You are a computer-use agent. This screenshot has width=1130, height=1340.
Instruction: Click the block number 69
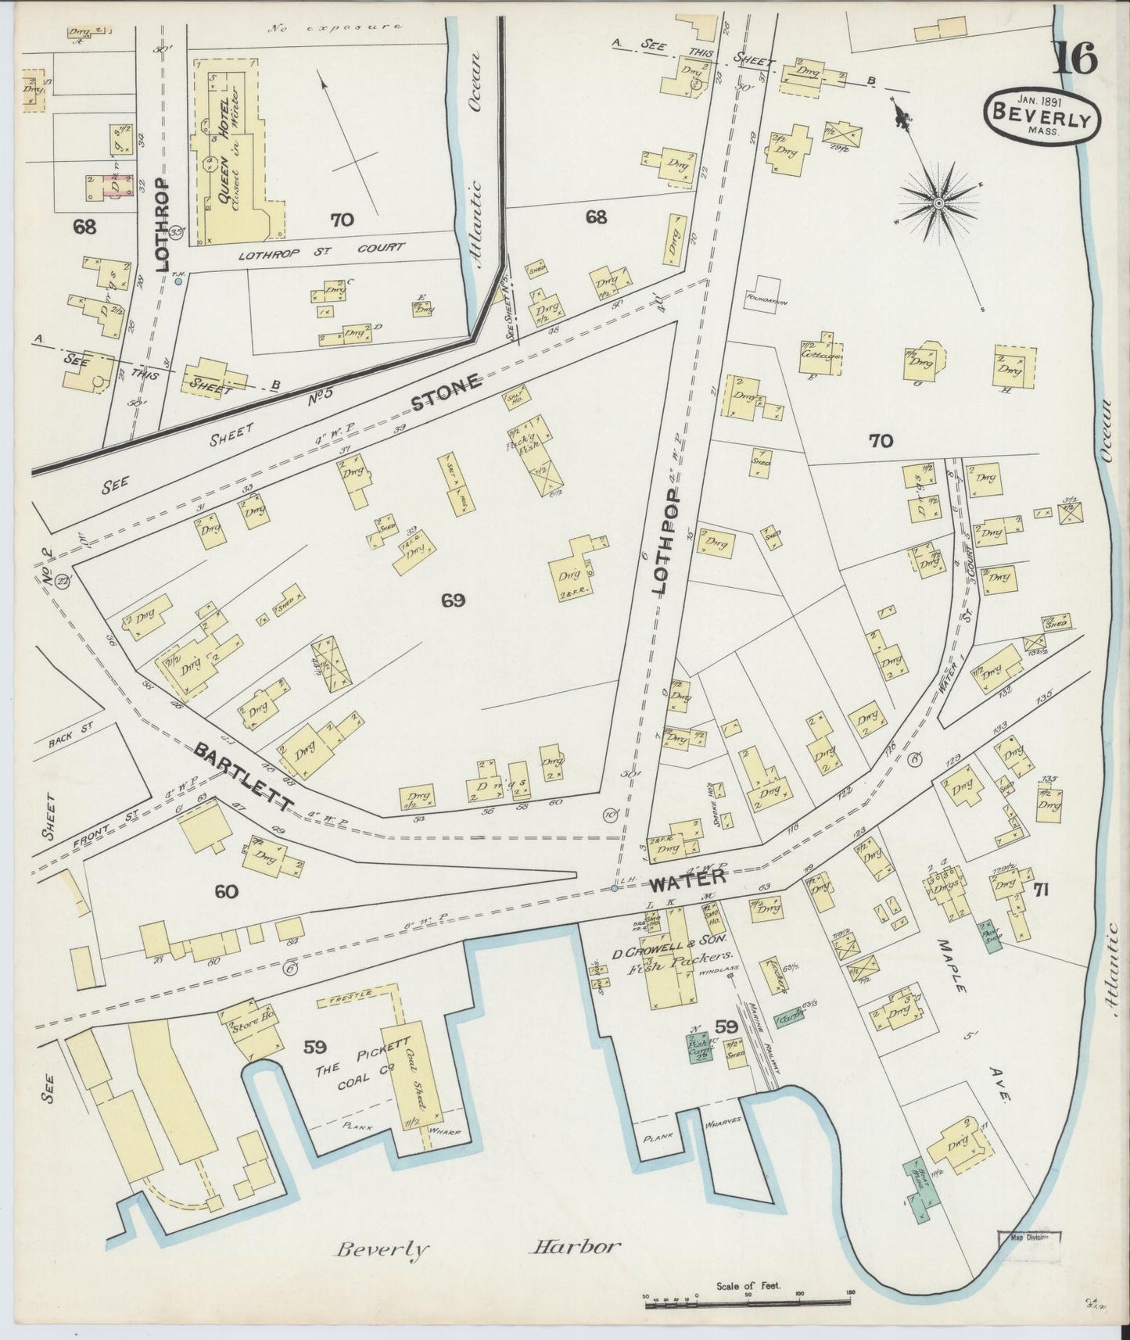tap(453, 600)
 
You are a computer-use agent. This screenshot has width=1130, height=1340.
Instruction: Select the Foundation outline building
tap(766, 293)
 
